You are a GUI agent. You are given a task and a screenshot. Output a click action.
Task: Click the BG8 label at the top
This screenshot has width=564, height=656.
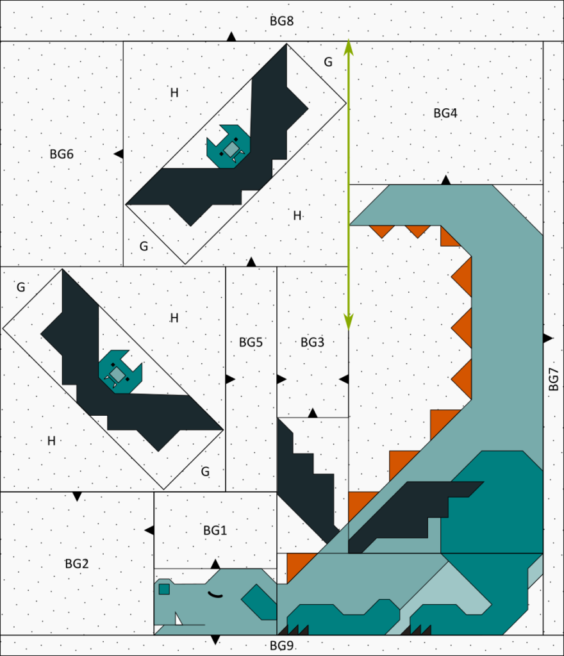281,21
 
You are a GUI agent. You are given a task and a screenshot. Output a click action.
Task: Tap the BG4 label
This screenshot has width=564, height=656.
445,113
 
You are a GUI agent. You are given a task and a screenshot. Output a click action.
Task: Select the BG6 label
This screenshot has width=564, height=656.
62,154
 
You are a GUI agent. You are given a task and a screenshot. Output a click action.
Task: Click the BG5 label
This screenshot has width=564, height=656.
251,342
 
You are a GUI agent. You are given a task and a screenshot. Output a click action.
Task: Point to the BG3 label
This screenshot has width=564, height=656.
313,342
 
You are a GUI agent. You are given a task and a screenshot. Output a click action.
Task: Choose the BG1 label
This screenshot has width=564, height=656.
215,530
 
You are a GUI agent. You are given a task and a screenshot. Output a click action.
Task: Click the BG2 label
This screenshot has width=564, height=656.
77,564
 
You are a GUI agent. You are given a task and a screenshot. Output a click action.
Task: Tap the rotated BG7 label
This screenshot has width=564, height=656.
553,379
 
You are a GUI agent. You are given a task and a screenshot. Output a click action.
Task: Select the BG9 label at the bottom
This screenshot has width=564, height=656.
281,646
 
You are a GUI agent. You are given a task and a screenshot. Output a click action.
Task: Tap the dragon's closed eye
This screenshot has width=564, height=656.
216,594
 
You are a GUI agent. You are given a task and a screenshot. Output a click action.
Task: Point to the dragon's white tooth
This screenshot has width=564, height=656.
178,619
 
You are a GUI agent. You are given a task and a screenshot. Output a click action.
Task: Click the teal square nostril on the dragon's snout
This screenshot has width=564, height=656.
165,589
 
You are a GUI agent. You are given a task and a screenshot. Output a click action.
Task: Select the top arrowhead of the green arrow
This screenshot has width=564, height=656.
349,47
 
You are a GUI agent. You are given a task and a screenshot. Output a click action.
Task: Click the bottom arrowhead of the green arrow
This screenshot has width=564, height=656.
349,322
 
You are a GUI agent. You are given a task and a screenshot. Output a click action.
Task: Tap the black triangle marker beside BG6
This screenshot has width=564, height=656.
119,154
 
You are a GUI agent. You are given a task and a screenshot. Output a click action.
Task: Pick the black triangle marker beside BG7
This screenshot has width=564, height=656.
548,338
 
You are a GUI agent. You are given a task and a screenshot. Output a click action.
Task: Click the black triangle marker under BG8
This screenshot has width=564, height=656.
231,37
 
